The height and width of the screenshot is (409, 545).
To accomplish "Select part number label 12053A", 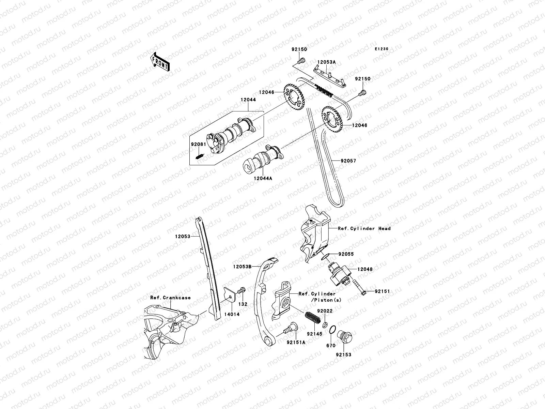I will click(x=326, y=62).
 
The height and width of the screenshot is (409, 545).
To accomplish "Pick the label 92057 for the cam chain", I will click(x=347, y=161).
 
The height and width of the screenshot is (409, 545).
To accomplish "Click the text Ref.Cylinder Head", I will click(x=364, y=228).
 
